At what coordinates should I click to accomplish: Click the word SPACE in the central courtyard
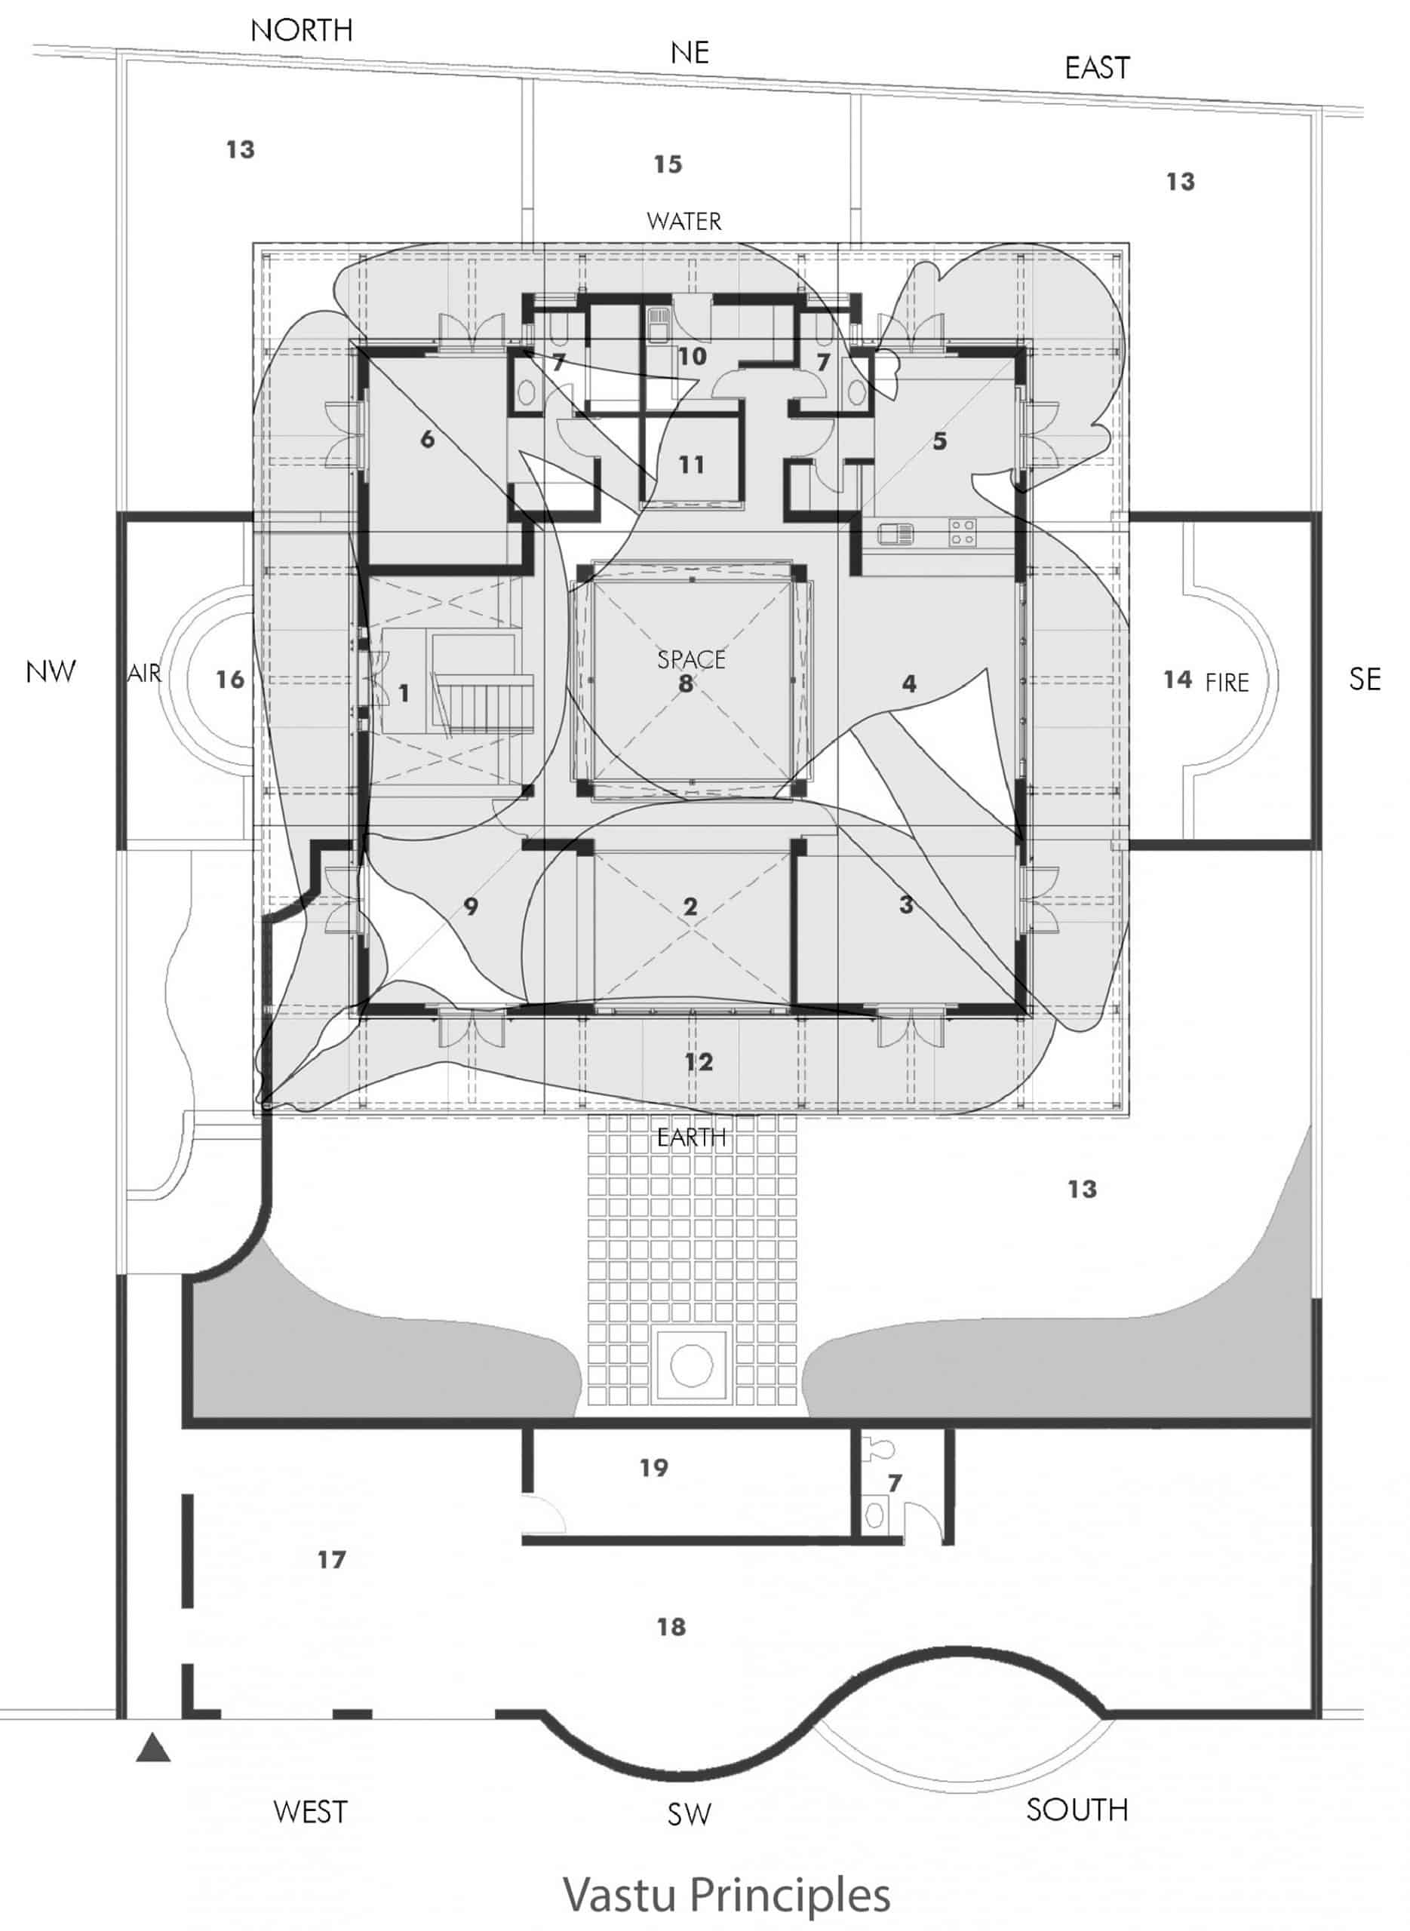click(x=691, y=659)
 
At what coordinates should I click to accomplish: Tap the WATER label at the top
click(x=683, y=222)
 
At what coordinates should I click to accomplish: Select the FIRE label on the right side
click(x=1227, y=682)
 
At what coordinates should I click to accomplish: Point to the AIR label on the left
click(x=144, y=674)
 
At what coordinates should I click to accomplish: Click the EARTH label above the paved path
click(x=691, y=1137)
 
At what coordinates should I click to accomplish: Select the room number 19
click(x=654, y=1468)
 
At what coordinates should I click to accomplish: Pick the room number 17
click(x=331, y=1560)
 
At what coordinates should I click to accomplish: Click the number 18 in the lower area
click(x=671, y=1626)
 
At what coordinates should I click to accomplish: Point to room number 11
click(x=691, y=465)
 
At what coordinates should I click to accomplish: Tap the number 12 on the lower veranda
click(x=698, y=1061)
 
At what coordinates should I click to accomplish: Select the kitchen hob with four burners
click(x=963, y=533)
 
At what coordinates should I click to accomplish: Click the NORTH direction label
click(x=301, y=31)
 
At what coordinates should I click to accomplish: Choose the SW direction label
click(x=689, y=1815)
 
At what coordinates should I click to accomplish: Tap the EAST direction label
click(x=1098, y=67)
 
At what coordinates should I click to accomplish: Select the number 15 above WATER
click(x=668, y=164)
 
